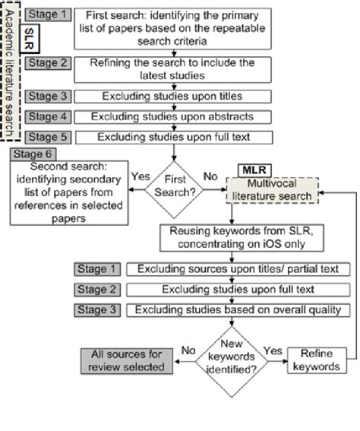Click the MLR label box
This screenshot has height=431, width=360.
(x=255, y=167)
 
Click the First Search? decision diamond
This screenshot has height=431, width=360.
(x=177, y=186)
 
